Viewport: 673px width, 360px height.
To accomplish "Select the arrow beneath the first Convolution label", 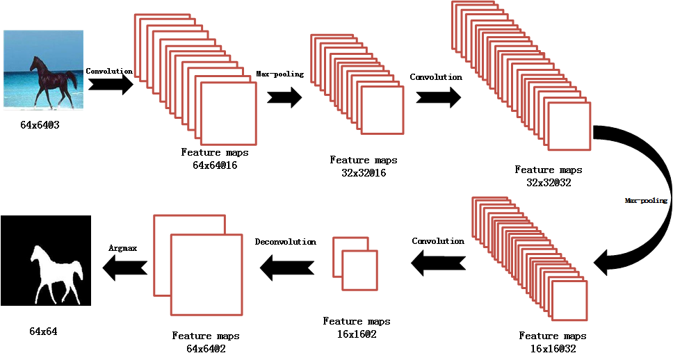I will (111, 84).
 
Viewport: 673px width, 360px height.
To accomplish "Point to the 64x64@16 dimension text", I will (215, 165).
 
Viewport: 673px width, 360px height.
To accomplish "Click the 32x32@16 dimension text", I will (359, 172).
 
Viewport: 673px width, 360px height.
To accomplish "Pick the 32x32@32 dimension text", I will (549, 181).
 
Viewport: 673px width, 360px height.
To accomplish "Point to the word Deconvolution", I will (285, 242).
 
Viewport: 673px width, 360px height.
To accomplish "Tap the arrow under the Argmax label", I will (125, 265).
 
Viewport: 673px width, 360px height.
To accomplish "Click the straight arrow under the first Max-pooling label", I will (284, 97).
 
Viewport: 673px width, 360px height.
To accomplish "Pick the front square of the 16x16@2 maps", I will (359, 270).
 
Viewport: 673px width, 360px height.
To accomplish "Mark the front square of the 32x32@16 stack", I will (382, 110).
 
